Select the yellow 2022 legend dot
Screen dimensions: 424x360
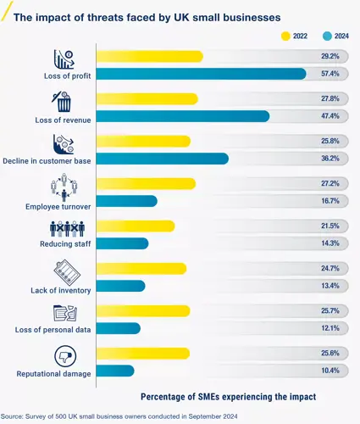click(285, 36)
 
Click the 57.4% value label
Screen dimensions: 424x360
click(330, 74)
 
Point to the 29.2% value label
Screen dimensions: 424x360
click(330, 56)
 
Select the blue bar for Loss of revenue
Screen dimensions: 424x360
click(183, 116)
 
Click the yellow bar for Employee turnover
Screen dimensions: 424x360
click(146, 183)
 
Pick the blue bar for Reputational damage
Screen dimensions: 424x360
click(115, 371)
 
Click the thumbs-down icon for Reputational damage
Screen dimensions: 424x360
click(64, 355)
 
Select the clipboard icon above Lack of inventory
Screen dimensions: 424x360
click(64, 272)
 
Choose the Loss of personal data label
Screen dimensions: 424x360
click(55, 329)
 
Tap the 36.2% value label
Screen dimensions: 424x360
click(330, 159)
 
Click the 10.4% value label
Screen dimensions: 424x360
click(330, 371)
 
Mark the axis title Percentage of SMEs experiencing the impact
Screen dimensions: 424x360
click(228, 396)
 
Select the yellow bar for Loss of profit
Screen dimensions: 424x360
click(150, 56)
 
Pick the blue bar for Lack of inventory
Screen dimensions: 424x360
click(120, 286)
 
